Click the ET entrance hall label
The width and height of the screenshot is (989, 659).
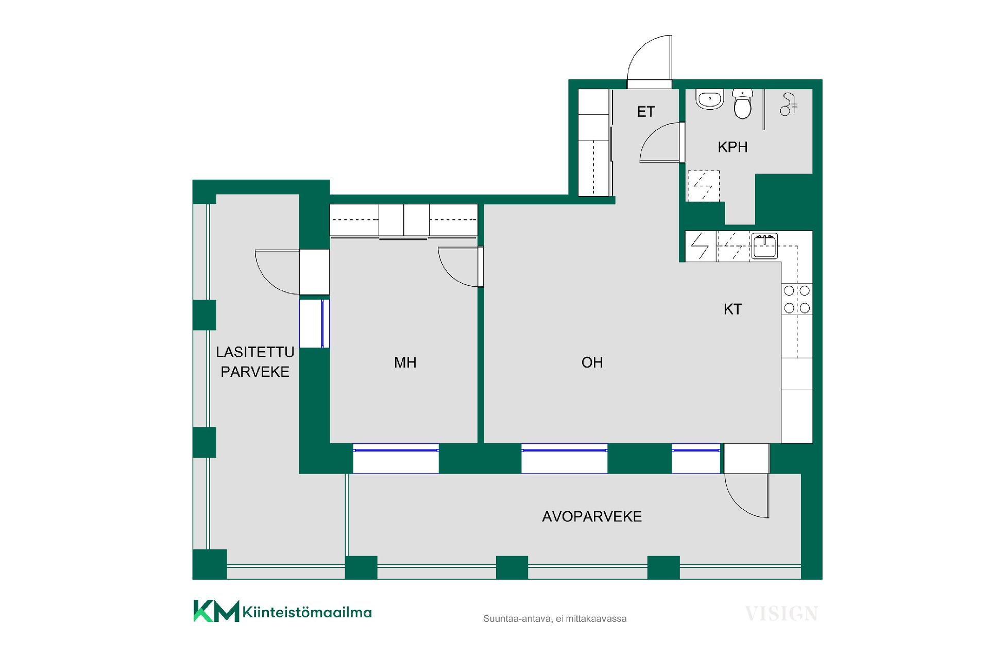click(x=645, y=112)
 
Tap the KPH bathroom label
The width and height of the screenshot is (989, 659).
click(x=732, y=147)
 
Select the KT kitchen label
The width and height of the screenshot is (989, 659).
click(x=732, y=309)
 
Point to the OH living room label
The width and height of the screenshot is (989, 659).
click(x=592, y=362)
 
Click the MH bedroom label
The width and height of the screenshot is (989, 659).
click(x=405, y=362)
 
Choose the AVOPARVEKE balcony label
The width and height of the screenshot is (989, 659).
click(x=592, y=516)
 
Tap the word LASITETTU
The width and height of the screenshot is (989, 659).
click(x=255, y=352)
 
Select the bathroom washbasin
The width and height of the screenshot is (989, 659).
click(x=710, y=99)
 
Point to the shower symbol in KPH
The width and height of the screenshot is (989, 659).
click(x=788, y=104)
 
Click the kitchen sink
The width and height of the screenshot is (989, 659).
click(x=764, y=246)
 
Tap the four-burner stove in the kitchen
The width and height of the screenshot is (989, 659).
click(x=797, y=300)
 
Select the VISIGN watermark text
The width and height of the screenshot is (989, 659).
click(x=781, y=614)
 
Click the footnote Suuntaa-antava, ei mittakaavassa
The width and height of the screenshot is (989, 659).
click(x=555, y=619)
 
